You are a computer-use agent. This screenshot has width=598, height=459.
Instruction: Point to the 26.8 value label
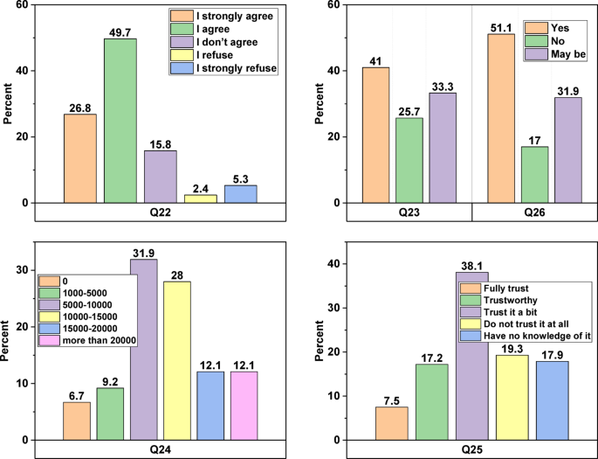pyautogui.click(x=79, y=107)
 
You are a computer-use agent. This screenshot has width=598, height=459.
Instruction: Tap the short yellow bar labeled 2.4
pyautogui.click(x=200, y=198)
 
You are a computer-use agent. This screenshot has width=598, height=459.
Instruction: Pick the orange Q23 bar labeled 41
pyautogui.click(x=376, y=135)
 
